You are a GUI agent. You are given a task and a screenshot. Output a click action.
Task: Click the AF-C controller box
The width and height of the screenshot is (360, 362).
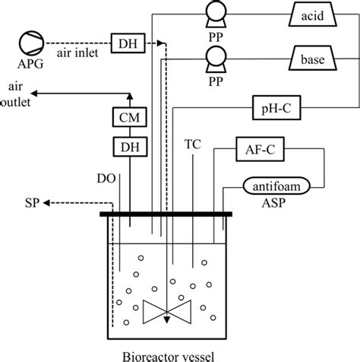click(259, 151)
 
